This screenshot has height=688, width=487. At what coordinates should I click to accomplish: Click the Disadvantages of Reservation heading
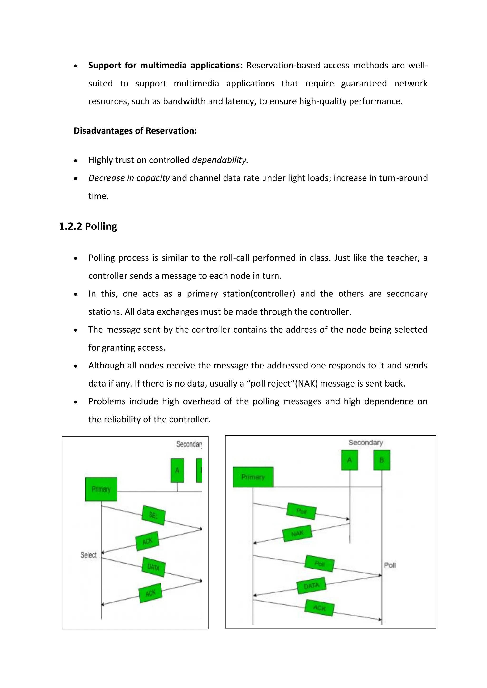[x=135, y=131]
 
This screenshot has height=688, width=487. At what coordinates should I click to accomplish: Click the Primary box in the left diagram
[x=101, y=489]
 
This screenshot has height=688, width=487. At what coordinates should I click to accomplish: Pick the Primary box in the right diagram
[x=253, y=477]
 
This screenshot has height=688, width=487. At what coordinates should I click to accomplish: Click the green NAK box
[x=297, y=533]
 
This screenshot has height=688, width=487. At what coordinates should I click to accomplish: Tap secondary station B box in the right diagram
[x=381, y=460]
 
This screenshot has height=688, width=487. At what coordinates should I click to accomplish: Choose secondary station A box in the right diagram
[x=349, y=460]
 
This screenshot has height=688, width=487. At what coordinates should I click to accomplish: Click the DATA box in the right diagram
[x=311, y=586]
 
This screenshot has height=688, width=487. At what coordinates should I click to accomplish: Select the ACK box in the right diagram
[x=319, y=608]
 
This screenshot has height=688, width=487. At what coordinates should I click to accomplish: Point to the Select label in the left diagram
[x=88, y=555]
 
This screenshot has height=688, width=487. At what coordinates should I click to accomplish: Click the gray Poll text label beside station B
[x=390, y=565]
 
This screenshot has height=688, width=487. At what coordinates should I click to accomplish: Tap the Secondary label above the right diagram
[x=365, y=443]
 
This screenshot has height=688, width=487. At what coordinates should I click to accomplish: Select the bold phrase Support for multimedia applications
[x=165, y=65]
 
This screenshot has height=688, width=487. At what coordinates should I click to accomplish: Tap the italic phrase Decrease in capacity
[x=129, y=178]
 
